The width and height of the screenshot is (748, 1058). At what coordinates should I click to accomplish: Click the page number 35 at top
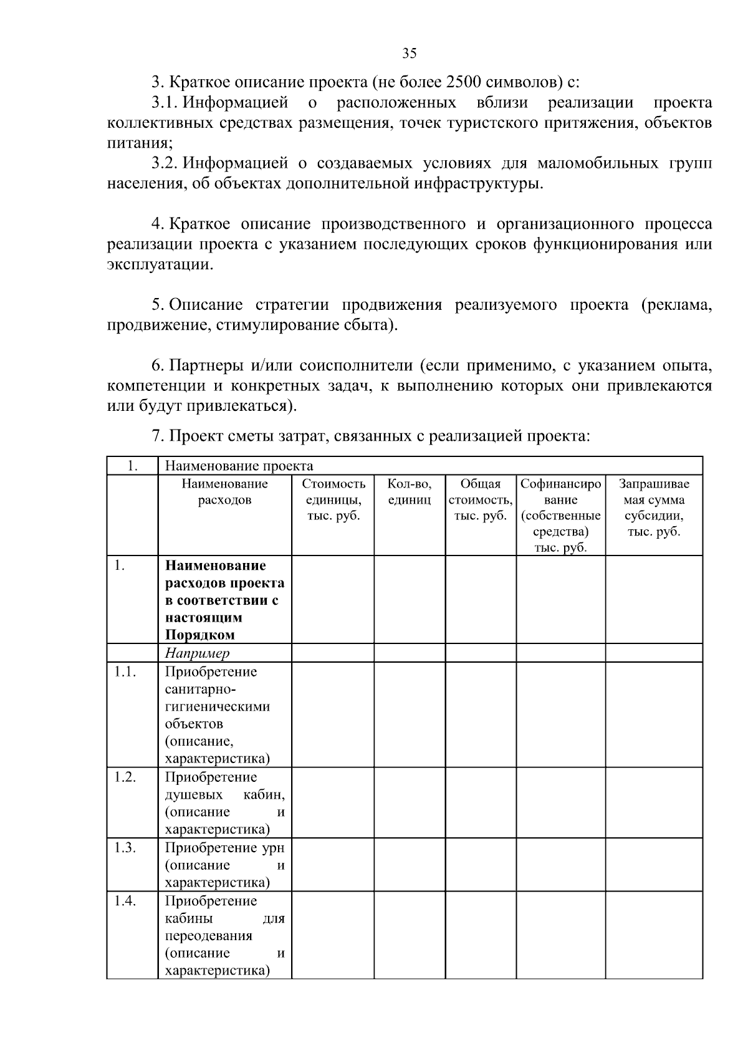409,53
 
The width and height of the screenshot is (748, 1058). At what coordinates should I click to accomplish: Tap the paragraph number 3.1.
165,102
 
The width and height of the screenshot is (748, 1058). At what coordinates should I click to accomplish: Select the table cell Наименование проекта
239,466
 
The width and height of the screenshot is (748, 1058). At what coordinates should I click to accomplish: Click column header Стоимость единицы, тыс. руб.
333,499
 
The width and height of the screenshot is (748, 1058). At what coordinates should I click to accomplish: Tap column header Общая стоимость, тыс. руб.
481,499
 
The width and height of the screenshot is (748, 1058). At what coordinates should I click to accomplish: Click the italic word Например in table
197,653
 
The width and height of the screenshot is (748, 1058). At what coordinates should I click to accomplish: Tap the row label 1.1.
125,672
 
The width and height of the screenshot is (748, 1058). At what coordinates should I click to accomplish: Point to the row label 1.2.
125,777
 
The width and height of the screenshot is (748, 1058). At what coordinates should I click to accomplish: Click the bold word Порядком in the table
199,635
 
